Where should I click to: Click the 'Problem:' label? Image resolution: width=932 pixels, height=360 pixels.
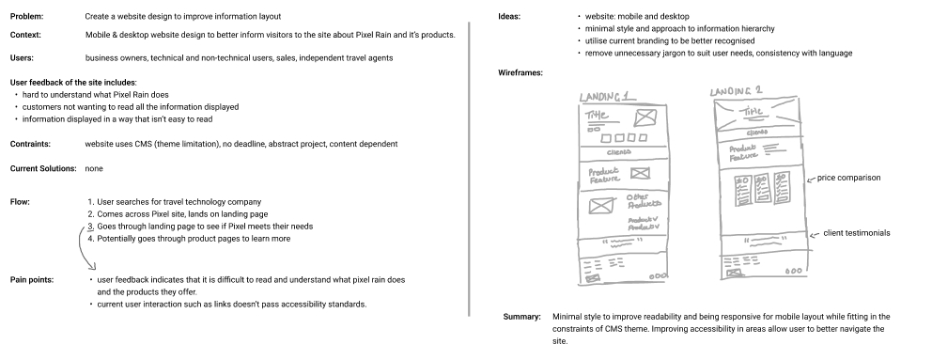[27, 17]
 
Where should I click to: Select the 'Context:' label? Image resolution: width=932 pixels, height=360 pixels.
[26, 36]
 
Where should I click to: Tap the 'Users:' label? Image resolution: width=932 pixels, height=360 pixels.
[23, 58]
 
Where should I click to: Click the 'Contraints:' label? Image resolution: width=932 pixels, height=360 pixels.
[30, 143]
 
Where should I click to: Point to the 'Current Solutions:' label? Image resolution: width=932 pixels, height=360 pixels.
[42, 168]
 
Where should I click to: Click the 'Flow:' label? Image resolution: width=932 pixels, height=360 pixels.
[20, 202]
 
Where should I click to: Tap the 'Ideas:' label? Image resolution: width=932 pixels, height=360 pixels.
[513, 17]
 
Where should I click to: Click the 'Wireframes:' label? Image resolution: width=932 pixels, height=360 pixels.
[524, 73]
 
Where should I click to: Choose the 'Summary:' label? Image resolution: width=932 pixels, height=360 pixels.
[521, 318]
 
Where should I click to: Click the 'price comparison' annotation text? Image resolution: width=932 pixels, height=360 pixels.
[848, 177]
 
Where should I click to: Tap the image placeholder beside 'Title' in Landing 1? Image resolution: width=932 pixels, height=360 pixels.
[645, 117]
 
